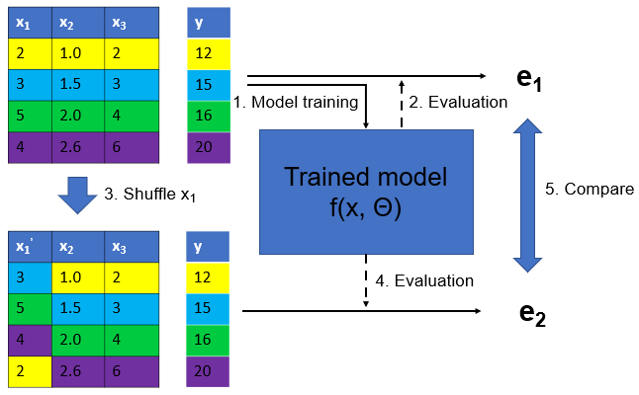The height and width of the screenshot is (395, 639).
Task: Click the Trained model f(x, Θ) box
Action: coord(367,192)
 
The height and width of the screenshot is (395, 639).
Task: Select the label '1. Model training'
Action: coord(295,102)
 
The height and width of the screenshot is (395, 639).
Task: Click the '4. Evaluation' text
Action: coord(424,280)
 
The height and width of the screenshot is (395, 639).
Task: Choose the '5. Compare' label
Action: coord(590,189)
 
